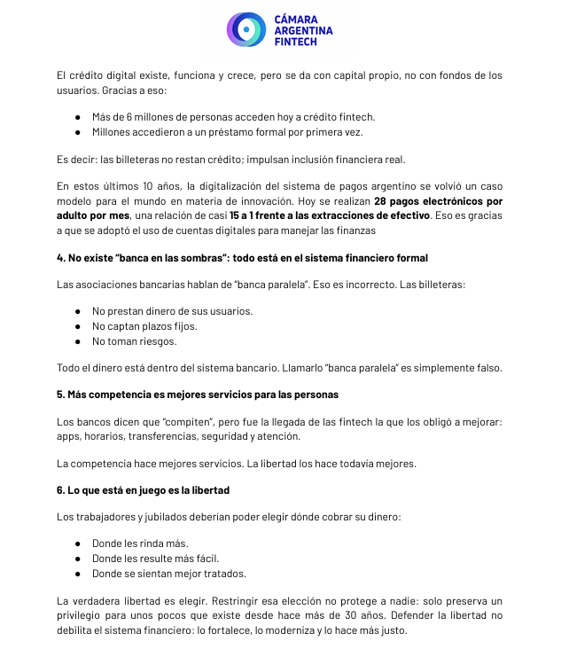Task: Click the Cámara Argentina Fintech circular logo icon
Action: pos(246,29)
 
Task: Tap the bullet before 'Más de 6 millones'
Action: pos(78,117)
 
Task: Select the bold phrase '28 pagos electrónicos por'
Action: pos(438,201)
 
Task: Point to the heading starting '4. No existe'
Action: pos(242,258)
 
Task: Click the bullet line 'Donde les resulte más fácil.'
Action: pos(155,559)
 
